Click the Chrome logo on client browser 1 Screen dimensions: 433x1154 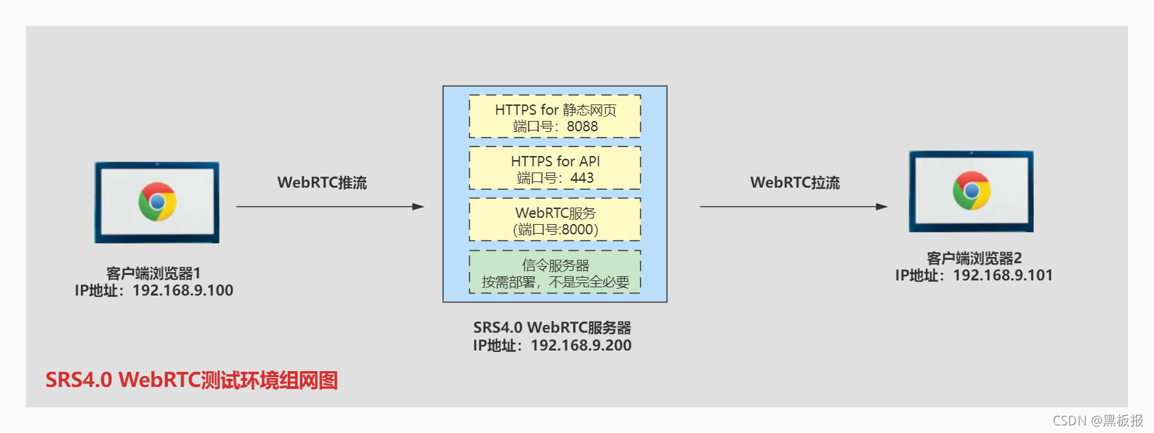coord(157,201)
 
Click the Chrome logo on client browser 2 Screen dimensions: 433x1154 coord(971,190)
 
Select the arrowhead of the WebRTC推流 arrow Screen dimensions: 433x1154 coord(418,206)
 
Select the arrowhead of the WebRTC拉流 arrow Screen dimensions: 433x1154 coord(882,206)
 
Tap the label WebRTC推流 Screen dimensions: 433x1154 coord(322,183)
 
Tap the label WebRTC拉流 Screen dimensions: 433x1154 coord(795,183)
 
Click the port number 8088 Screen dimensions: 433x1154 coord(582,126)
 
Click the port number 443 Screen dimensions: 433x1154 coord(582,178)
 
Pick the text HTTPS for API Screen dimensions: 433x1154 coord(555,162)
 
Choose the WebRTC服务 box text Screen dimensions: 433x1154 coord(555,214)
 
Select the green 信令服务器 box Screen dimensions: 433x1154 coord(555,272)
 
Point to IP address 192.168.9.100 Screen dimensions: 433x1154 coord(183,291)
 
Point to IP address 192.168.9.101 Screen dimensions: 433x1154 coord(1002,276)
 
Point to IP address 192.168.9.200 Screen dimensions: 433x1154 coord(581,346)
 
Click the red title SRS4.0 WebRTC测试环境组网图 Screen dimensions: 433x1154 coord(192,380)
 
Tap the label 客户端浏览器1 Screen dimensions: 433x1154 coord(153,274)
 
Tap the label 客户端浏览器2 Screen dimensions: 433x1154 coord(973,258)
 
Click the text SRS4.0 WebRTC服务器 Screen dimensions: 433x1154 coord(552,328)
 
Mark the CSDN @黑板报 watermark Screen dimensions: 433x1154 coord(1098,421)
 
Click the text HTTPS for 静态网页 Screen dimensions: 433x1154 coord(555,110)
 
